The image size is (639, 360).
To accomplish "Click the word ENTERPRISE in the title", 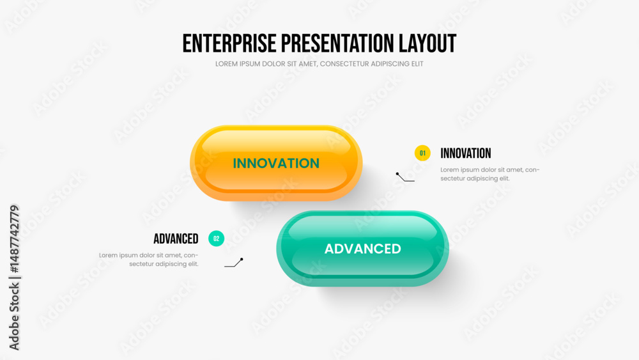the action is coord(229,43).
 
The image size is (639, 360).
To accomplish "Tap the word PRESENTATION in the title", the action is coord(337,43).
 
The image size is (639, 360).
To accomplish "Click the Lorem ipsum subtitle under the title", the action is coord(319,64).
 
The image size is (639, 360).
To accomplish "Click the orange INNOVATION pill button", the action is coord(276,163).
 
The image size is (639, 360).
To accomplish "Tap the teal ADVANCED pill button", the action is coord(363,249).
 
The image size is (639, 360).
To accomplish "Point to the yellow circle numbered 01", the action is coord(422,153).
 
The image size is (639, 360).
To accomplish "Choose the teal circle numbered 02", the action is coord(217,239).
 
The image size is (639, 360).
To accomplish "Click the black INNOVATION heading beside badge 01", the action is coord(466,153).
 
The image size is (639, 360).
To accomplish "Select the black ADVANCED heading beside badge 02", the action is coord(176,239).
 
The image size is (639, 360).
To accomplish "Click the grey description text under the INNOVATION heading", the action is coord(490,174).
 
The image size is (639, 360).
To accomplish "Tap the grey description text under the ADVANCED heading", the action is coord(149,260).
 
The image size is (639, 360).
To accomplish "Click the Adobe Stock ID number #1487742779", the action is coord(14,239).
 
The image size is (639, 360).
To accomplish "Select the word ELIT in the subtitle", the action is coord(417,64).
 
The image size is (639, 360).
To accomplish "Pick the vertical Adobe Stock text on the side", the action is coord(14,278).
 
